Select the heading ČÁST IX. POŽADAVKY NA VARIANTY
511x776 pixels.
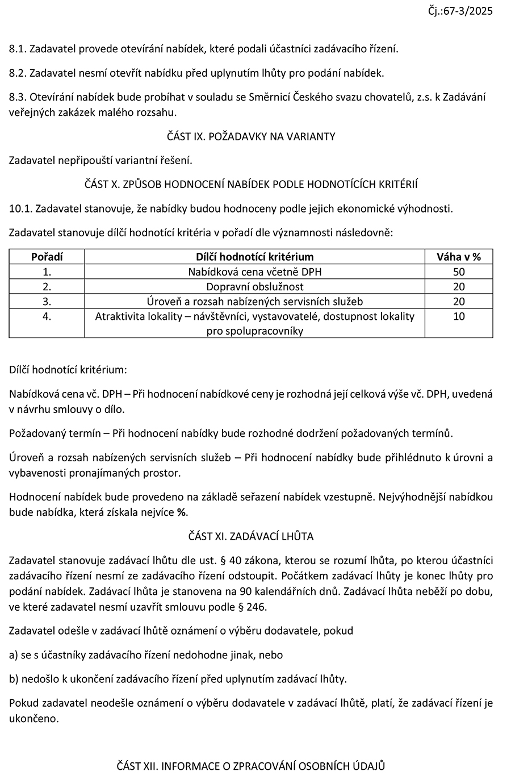pyautogui.click(x=251, y=136)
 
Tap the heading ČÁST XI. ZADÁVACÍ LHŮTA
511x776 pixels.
pyautogui.click(x=251, y=536)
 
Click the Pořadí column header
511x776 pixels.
pyautogui.click(x=47, y=257)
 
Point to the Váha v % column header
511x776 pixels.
pyautogui.click(x=458, y=257)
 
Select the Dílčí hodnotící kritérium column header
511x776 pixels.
pyautogui.click(x=254, y=257)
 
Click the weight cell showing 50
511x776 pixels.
pyautogui.click(x=458, y=272)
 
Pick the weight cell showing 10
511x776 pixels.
pyautogui.click(x=458, y=316)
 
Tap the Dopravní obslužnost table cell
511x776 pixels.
pyautogui.click(x=254, y=287)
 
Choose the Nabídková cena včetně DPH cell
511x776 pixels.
pyautogui.click(x=254, y=272)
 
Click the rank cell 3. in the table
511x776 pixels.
pyautogui.click(x=47, y=302)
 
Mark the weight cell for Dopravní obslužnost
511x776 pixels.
pyautogui.click(x=458, y=287)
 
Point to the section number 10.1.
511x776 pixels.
pyautogui.click(x=20, y=208)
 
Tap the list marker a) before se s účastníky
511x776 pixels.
pyautogui.click(x=14, y=655)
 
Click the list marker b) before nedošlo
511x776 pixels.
pyautogui.click(x=14, y=679)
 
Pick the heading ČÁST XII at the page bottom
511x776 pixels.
pyautogui.click(x=251, y=766)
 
